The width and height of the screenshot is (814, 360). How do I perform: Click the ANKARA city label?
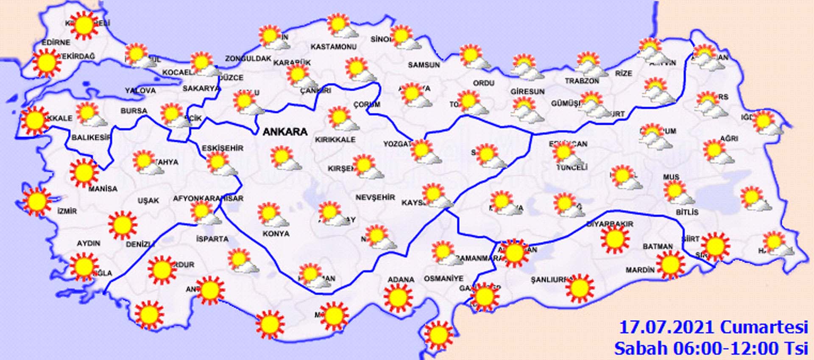[285, 132]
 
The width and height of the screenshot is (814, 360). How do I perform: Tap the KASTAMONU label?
[333, 47]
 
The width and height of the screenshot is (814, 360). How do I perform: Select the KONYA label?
[276, 234]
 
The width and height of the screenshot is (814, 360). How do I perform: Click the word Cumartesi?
[764, 328]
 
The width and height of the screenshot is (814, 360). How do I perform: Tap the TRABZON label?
[582, 81]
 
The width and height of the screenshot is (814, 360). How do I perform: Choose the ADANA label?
[401, 279]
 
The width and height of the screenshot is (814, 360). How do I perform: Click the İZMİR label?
[67, 211]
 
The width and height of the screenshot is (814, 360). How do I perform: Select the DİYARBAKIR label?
[610, 224]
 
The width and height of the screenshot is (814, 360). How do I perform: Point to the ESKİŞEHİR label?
[222, 148]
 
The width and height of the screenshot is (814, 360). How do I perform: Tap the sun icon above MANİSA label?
[84, 173]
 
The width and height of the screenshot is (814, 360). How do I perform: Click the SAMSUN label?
[424, 65]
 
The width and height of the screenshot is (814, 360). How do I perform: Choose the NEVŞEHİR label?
[375, 198]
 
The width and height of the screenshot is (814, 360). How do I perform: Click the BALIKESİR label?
[91, 137]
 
